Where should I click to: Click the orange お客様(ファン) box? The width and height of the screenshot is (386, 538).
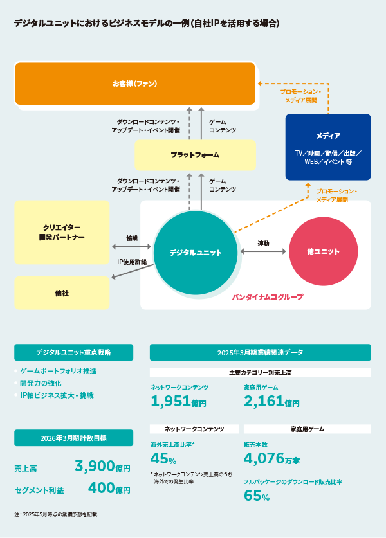click(135, 84)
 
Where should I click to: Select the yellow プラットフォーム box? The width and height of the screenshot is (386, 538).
click(195, 155)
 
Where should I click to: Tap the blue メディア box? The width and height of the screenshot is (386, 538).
click(328, 147)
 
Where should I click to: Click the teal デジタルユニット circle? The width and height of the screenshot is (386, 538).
click(196, 253)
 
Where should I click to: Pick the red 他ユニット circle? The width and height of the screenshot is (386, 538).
click(323, 251)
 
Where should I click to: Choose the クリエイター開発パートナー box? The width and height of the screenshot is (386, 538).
click(62, 232)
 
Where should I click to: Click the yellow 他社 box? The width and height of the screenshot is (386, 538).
click(62, 293)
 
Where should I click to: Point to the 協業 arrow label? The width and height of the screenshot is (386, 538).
click(132, 238)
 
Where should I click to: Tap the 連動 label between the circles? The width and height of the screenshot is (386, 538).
click(263, 243)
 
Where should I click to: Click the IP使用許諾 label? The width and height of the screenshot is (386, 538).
click(132, 262)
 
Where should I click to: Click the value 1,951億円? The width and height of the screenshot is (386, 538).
click(178, 402)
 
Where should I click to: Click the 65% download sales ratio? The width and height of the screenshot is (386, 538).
click(256, 496)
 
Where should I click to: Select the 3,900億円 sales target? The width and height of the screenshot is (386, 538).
click(102, 467)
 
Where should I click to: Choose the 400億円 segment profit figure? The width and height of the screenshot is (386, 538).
click(109, 489)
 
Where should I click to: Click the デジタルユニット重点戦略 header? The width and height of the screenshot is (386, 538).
click(73, 352)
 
